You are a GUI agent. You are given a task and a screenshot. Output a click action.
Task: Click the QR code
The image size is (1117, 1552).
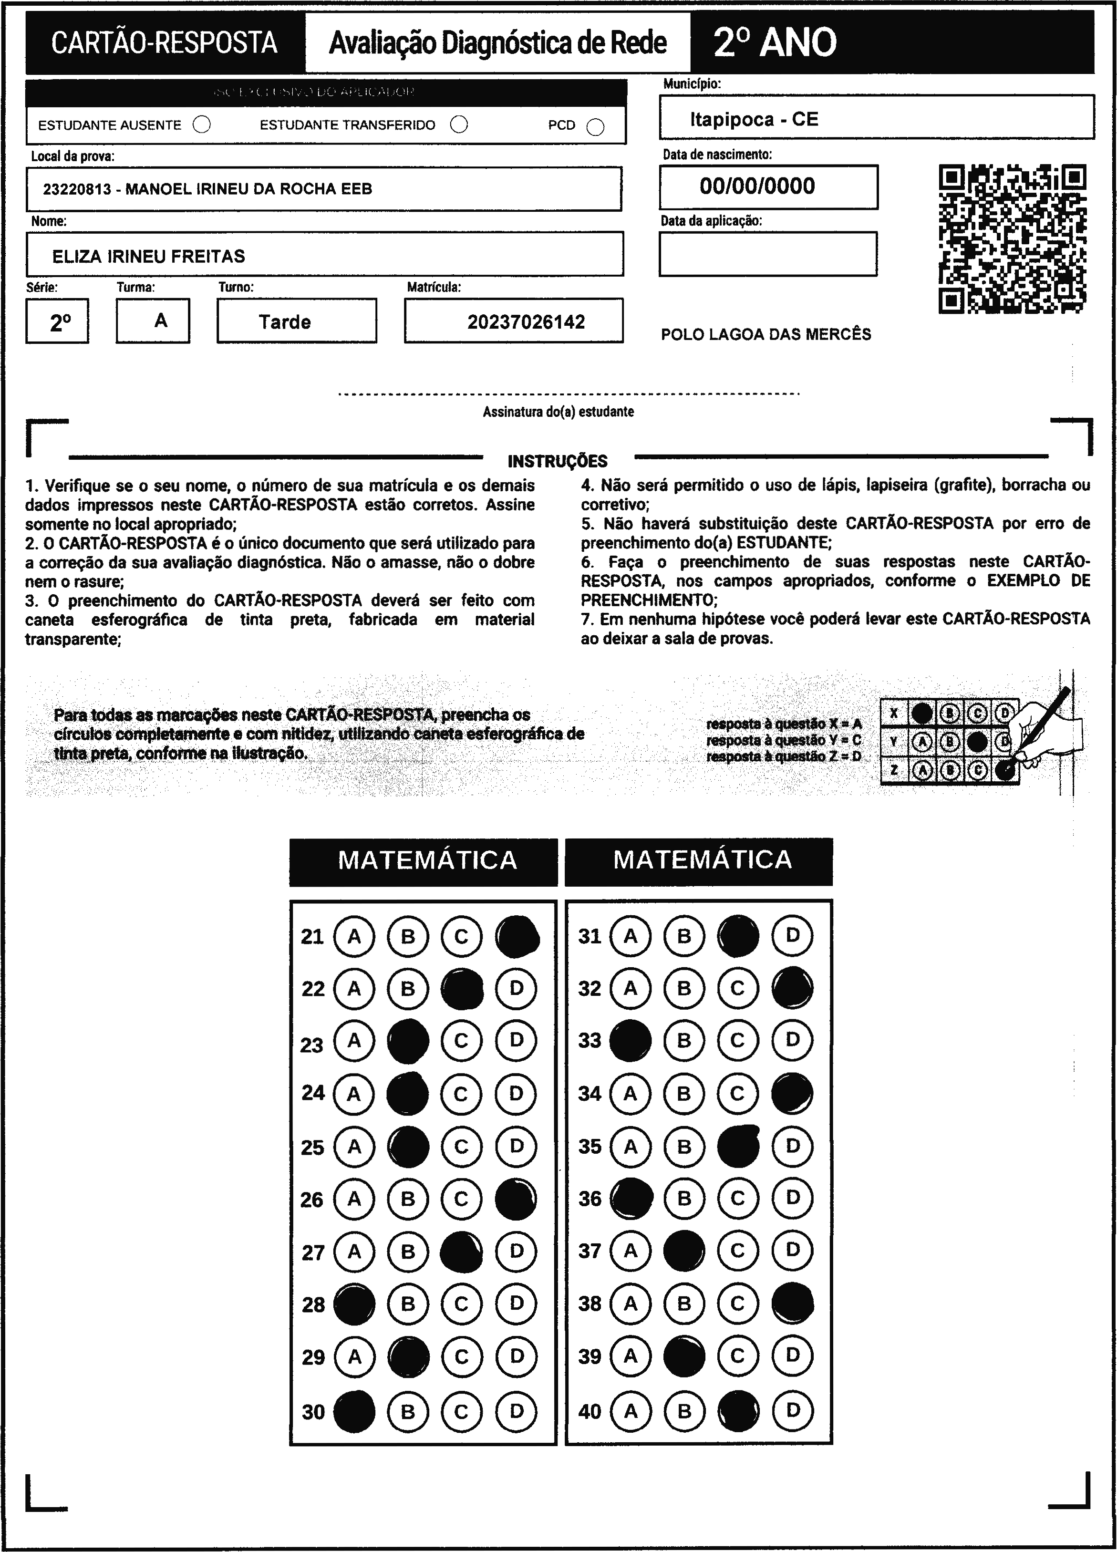pyautogui.click(x=1012, y=239)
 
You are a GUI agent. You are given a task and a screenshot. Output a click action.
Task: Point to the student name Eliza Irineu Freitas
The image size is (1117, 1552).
pyautogui.click(x=148, y=256)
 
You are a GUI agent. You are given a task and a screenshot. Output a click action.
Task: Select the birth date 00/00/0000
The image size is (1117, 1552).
pyautogui.click(x=757, y=186)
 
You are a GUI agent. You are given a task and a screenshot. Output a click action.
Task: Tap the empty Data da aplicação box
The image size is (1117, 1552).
pyautogui.click(x=767, y=254)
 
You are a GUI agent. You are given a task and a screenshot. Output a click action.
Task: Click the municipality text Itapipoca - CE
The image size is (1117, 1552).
pyautogui.click(x=754, y=120)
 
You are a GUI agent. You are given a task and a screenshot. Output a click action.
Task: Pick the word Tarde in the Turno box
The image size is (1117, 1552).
pyautogui.click(x=285, y=321)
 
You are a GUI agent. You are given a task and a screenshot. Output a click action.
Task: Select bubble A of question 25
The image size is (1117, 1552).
pyautogui.click(x=354, y=1146)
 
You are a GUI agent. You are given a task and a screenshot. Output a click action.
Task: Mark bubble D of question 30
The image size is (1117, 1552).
pyautogui.click(x=517, y=1410)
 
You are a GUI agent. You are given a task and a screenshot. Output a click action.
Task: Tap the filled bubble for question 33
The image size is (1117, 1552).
pyautogui.click(x=630, y=1040)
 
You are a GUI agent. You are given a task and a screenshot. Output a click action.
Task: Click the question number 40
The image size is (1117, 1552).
pyautogui.click(x=590, y=1411)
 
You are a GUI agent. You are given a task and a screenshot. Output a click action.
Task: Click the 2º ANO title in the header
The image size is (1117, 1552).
pyautogui.click(x=774, y=42)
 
